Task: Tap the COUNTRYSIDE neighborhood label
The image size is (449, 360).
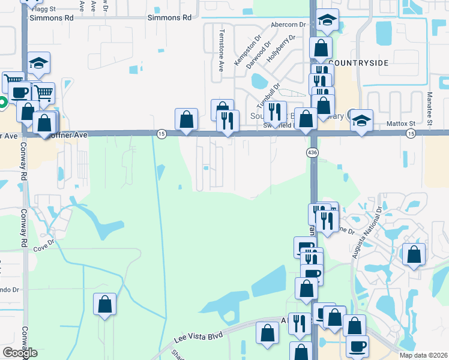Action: pos(359,62)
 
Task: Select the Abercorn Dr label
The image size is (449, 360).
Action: pos(289,25)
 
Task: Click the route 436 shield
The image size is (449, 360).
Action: pos(313,152)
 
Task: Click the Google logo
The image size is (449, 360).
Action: pos(20,353)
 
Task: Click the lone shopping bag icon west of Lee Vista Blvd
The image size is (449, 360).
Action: pos(105,304)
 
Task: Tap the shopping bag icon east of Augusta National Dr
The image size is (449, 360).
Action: pos(414,254)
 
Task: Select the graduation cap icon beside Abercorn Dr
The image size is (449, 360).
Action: pos(327,20)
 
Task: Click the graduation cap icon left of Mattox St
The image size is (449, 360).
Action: pos(361,120)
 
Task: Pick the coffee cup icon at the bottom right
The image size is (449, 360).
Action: pos(358,346)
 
